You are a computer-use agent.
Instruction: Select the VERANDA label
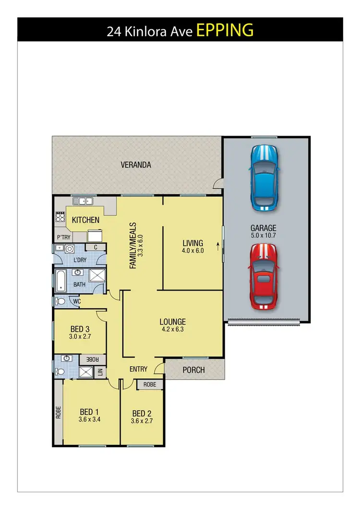pyautogui.click(x=136, y=165)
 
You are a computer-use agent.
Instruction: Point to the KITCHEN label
pyautogui.click(x=86, y=220)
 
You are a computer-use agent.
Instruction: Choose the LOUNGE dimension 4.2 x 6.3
pyautogui.click(x=173, y=329)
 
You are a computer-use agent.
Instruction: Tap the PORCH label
pyautogui.click(x=194, y=370)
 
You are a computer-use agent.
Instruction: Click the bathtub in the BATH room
pyautogui.click(x=60, y=281)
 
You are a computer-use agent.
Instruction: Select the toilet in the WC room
pyautogui.click(x=60, y=302)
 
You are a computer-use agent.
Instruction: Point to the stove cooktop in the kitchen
pyautogui.click(x=60, y=217)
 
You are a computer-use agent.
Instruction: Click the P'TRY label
pyautogui.click(x=64, y=238)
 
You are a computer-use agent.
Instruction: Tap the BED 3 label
pyautogui.click(x=80, y=329)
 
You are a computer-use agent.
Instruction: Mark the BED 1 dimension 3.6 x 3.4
pyautogui.click(x=89, y=419)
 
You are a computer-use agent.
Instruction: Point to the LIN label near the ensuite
pyautogui.click(x=100, y=371)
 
